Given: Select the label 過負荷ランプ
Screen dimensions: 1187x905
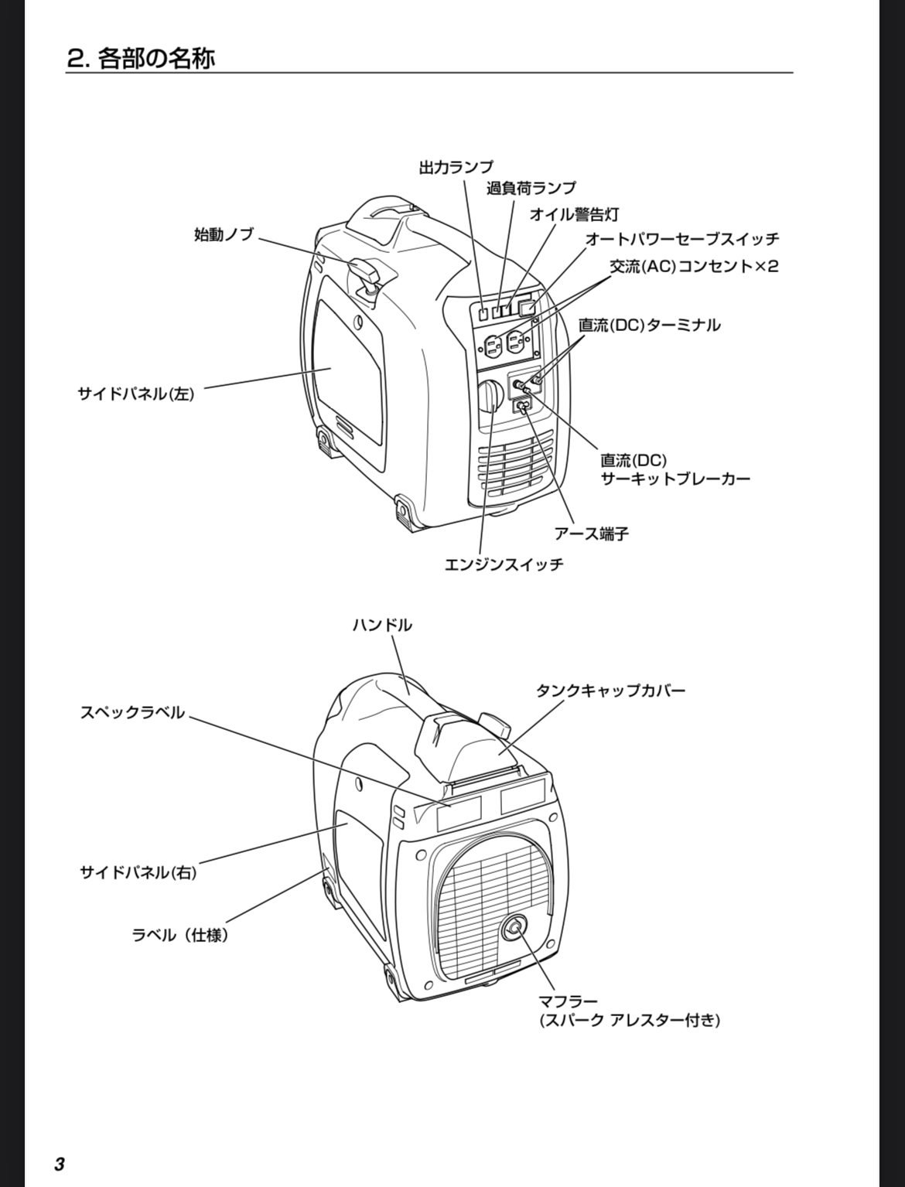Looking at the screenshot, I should click(531, 188).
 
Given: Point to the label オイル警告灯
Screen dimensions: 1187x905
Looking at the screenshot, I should click(573, 214).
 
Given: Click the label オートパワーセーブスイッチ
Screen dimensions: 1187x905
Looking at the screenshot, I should click(681, 239).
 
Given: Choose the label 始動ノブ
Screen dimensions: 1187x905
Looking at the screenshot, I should click(224, 234).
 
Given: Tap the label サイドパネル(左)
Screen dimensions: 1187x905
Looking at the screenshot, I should click(135, 394).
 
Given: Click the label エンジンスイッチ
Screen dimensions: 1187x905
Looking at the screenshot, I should click(504, 565).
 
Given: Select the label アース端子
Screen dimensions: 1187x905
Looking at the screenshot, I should click(591, 534).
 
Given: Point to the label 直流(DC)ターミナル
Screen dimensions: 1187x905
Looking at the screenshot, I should click(650, 325).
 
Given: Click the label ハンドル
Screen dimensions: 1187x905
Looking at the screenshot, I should click(382, 625).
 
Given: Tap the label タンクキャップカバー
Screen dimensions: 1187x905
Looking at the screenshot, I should click(610, 691).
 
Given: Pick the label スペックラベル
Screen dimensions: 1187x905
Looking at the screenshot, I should click(133, 712).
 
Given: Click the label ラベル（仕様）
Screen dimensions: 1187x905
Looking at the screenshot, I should click(180, 935).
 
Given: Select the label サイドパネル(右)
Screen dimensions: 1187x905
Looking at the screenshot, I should click(138, 872).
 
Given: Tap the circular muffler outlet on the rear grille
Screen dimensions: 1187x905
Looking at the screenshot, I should click(514, 929).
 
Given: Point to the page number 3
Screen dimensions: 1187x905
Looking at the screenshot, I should click(60, 1164).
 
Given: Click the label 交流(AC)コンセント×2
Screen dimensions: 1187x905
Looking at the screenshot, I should click(694, 267).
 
